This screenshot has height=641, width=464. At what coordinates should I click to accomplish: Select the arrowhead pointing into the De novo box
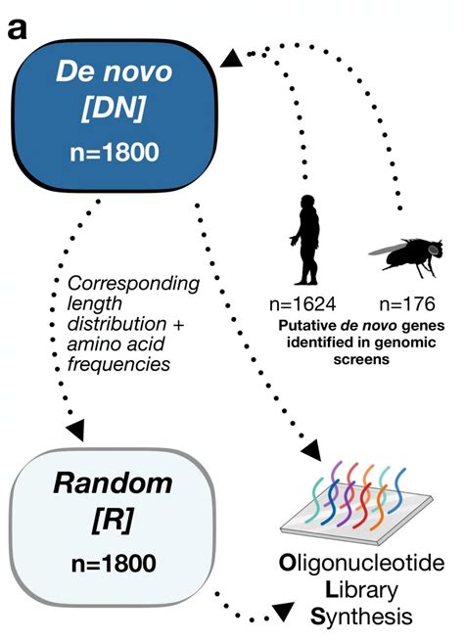click(x=230, y=60)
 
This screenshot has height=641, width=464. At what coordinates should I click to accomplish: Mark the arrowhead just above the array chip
click(x=314, y=453)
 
